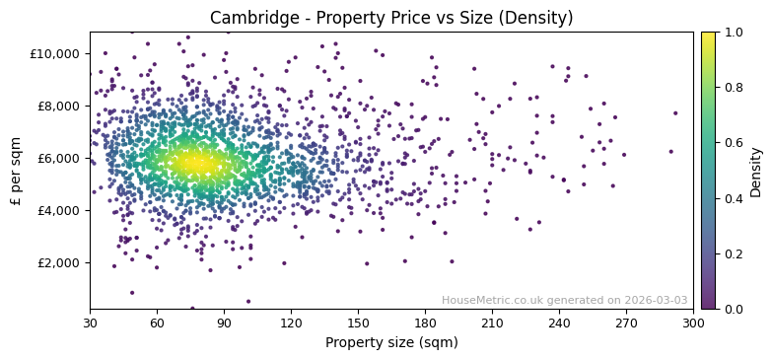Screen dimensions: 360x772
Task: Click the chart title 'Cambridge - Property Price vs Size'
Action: click(x=390, y=18)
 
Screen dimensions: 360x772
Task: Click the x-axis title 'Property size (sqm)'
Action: click(x=390, y=343)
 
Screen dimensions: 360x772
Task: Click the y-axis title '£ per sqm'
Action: click(x=16, y=171)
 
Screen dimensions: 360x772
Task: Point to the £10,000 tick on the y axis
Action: click(x=56, y=53)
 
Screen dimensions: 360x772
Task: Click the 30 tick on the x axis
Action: click(x=90, y=323)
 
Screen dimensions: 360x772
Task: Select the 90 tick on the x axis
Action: click(x=224, y=323)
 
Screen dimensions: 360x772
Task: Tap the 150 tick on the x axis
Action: click(x=358, y=323)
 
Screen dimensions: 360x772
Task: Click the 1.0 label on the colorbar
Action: click(x=734, y=33)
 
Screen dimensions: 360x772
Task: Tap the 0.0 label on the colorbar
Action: click(x=734, y=309)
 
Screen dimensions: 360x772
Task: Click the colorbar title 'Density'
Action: click(x=756, y=171)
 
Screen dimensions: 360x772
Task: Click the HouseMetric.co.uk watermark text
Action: click(x=564, y=300)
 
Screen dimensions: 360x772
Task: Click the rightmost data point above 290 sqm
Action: click(x=675, y=113)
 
